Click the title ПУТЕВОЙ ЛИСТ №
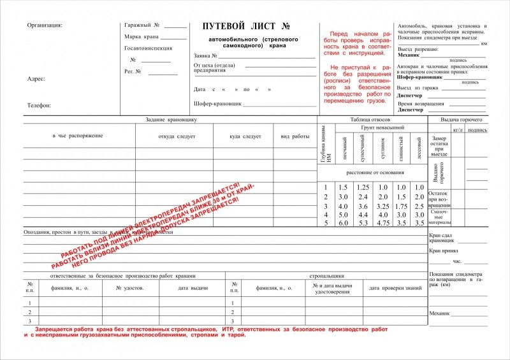[246, 26]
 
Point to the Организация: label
[45, 25]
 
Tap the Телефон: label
[39, 105]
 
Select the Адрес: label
[36, 79]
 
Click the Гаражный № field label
[142, 25]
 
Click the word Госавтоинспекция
[149, 48]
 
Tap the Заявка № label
[207, 55]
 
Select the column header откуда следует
[177, 136]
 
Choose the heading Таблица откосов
[370, 120]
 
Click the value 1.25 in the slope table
[363, 187]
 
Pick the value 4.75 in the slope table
[382, 223]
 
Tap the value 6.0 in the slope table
[343, 223]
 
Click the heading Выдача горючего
[462, 120]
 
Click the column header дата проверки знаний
[395, 288]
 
